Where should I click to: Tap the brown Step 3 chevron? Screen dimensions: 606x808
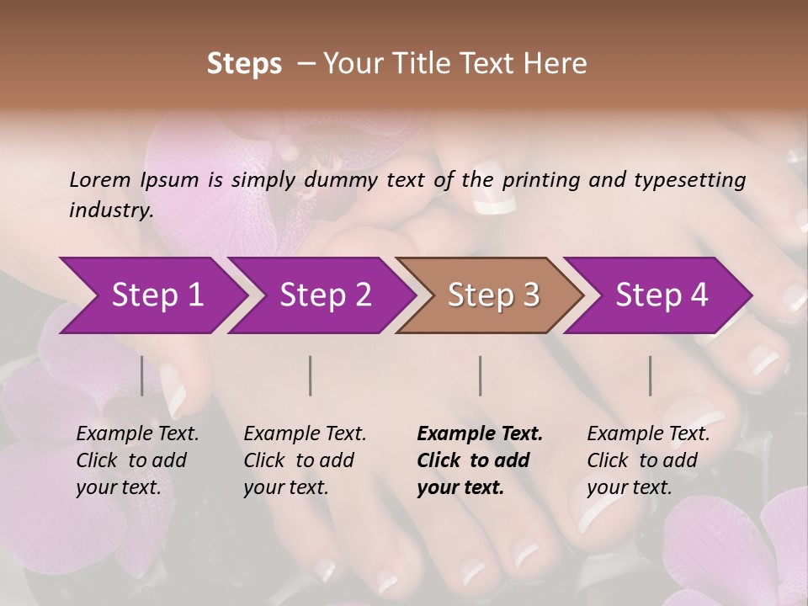coord(493,295)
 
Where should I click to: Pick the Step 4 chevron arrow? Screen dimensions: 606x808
coord(662,295)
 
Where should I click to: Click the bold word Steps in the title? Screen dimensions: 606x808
coord(244,63)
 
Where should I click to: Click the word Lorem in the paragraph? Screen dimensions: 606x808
coord(100,179)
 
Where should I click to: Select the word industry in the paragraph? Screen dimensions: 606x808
coord(111,210)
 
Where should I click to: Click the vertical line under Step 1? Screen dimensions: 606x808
coord(142,375)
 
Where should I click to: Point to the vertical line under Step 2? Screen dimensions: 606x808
coord(311,375)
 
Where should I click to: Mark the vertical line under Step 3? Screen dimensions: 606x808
coord(481,375)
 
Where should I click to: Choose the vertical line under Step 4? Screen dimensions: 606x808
coord(651,375)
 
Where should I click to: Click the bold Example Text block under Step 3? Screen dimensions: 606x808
coord(480,460)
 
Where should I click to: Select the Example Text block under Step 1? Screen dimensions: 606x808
coord(137,460)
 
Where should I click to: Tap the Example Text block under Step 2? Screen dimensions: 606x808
coord(305,460)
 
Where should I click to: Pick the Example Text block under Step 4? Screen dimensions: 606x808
coord(648,460)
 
